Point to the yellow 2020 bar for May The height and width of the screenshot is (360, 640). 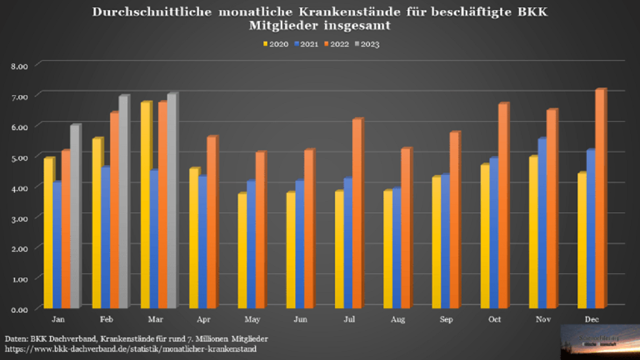click(243, 251)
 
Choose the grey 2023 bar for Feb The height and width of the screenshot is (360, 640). click(123, 202)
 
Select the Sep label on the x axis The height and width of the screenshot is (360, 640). click(446, 320)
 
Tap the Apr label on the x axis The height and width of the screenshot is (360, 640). click(203, 320)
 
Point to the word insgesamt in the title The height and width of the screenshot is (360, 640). click(354, 25)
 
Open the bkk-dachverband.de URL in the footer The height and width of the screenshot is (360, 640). click(131, 349)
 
